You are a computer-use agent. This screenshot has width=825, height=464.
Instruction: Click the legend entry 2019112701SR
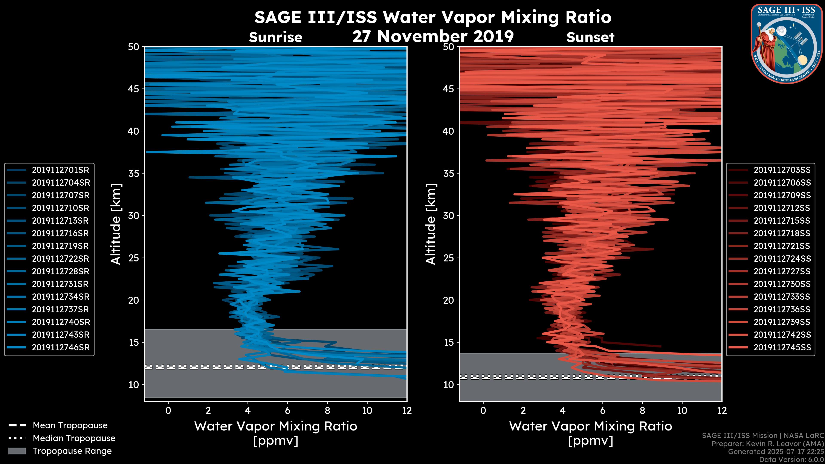(x=60, y=170)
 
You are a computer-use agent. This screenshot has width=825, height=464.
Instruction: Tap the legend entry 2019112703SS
(x=782, y=170)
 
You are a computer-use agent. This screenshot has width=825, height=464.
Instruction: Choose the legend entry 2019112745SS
(x=782, y=347)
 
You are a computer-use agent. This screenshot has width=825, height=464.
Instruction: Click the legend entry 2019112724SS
(x=782, y=259)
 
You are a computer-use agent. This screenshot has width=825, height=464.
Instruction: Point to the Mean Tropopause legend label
(x=70, y=426)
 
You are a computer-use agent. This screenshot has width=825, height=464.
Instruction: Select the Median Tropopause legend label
(x=74, y=438)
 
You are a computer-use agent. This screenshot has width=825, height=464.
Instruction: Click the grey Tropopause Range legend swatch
(x=17, y=451)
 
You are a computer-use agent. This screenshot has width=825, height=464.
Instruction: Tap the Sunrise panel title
(x=275, y=37)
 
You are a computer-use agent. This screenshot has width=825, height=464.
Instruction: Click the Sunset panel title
(x=590, y=37)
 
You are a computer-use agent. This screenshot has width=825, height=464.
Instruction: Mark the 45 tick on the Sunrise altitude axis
(x=134, y=89)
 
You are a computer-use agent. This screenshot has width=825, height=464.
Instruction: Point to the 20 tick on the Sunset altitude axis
(x=448, y=300)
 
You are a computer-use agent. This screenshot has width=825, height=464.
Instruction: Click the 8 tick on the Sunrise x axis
(x=327, y=411)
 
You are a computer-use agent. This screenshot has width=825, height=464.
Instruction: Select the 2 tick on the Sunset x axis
(x=523, y=411)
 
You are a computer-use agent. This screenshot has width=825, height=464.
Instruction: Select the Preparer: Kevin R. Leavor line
(x=767, y=444)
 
